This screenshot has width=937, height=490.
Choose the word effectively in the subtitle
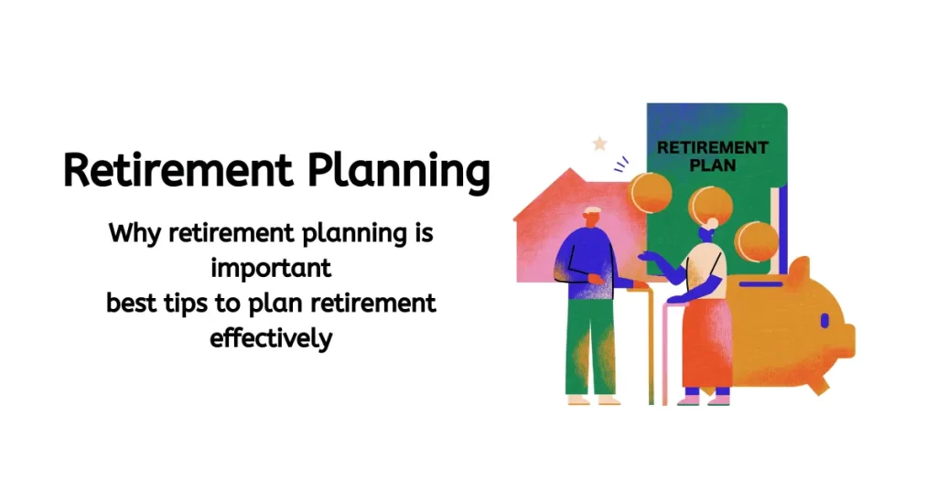click(x=271, y=338)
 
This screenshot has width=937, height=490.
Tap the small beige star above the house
click(x=600, y=144)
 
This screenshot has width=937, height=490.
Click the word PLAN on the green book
click(x=713, y=166)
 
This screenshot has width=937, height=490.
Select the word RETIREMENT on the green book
click(x=713, y=147)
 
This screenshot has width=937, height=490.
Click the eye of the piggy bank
click(x=823, y=322)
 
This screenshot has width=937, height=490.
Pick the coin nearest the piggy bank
click(x=756, y=242)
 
